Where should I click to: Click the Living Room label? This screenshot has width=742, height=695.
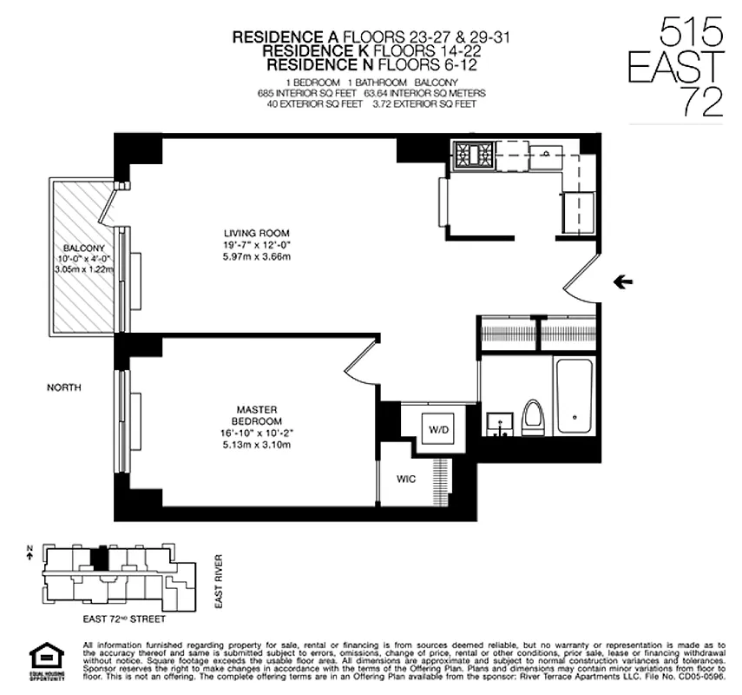coord(256,233)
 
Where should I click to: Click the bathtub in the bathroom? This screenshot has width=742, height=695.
coord(574,395)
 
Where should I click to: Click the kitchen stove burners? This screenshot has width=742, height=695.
coord(473,155)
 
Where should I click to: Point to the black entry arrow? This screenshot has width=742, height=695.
coord(622,281)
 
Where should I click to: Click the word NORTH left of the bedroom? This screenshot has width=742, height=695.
coord(65,387)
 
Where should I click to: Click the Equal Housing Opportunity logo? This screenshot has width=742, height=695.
coord(41,660)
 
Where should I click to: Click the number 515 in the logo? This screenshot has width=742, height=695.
coord(692,34)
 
